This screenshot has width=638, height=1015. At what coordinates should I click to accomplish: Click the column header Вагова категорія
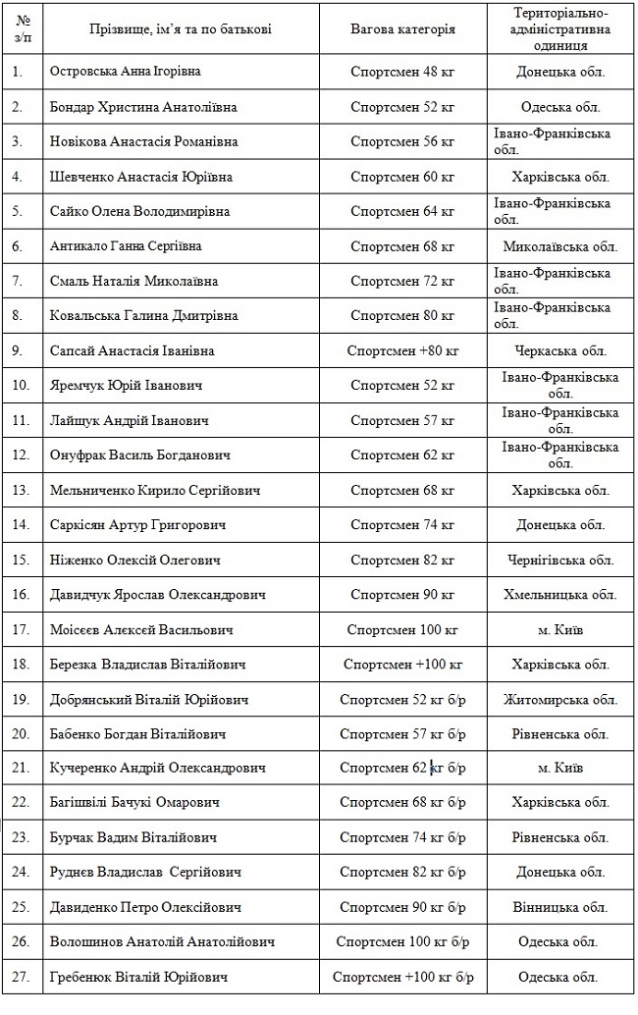coord(402,29)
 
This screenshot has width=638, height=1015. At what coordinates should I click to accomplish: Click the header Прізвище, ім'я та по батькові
coord(161,29)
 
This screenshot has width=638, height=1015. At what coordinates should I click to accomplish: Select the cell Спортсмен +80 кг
coord(402,350)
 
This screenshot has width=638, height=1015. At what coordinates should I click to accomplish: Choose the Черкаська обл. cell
coord(560,350)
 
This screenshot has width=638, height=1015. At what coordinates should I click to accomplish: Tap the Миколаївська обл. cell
coord(560,246)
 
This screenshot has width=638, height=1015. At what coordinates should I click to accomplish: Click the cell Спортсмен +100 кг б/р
coord(402,978)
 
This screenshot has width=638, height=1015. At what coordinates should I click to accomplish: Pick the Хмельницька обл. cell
coord(560,595)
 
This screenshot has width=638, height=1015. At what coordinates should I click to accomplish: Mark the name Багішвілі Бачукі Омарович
coord(134,803)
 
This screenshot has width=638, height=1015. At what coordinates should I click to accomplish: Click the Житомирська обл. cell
coord(560,700)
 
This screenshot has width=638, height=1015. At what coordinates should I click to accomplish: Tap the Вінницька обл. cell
coord(560,908)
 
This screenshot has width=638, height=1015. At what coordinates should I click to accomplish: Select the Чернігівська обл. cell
coord(560,561)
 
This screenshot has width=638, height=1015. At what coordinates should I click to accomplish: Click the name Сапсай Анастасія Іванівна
coord(133,350)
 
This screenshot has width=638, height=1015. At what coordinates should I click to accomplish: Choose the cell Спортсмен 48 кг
coord(402,72)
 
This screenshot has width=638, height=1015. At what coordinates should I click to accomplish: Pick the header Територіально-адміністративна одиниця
coord(560,29)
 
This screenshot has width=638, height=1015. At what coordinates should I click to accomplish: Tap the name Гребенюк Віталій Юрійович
coord(139,978)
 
